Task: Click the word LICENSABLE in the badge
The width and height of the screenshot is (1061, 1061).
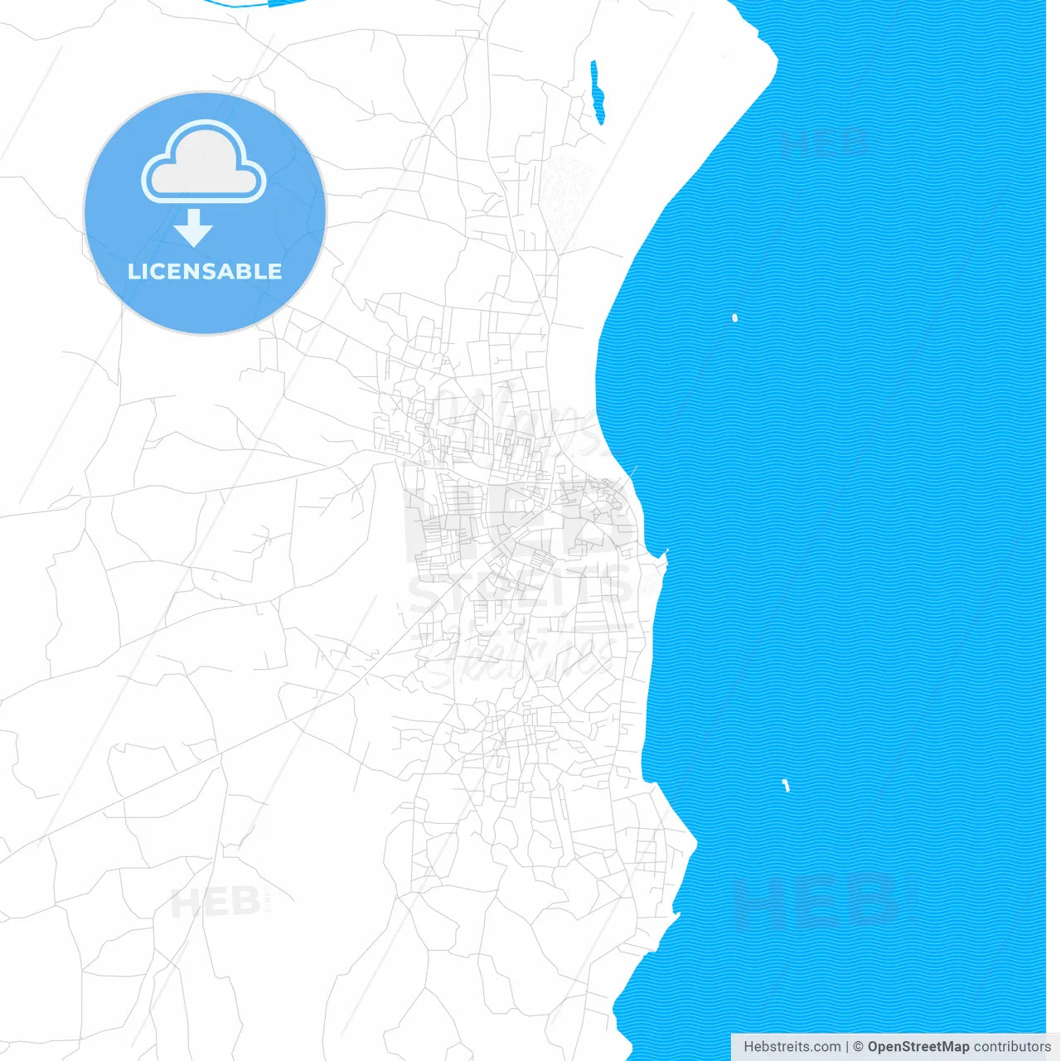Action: [x=205, y=271]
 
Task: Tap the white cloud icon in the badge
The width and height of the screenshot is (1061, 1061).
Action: [x=204, y=164]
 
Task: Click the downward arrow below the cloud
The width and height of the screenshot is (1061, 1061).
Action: [x=194, y=228]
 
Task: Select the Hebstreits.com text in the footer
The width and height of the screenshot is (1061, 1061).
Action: [x=792, y=1047]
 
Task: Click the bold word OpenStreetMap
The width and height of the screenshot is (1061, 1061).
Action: [x=918, y=1047]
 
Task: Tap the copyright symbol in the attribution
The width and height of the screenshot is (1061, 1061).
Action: [x=858, y=1047]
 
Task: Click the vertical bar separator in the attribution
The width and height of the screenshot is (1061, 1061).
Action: [x=847, y=1047]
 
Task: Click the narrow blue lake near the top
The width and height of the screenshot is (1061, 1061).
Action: [x=597, y=91]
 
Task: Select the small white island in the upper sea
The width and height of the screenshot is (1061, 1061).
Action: [x=734, y=317]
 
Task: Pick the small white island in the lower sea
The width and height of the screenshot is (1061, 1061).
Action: [x=786, y=785]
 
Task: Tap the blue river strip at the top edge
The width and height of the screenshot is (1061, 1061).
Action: [x=240, y=3]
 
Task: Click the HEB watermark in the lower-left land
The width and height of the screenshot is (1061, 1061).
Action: [x=216, y=902]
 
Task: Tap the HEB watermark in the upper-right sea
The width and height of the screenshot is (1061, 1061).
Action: [x=823, y=143]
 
